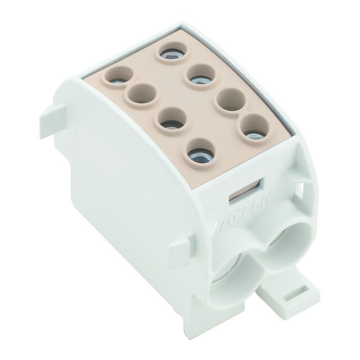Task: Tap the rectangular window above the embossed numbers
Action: tap(247, 190)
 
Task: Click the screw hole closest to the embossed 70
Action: tap(201, 154)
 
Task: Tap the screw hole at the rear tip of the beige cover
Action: tap(174, 53)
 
